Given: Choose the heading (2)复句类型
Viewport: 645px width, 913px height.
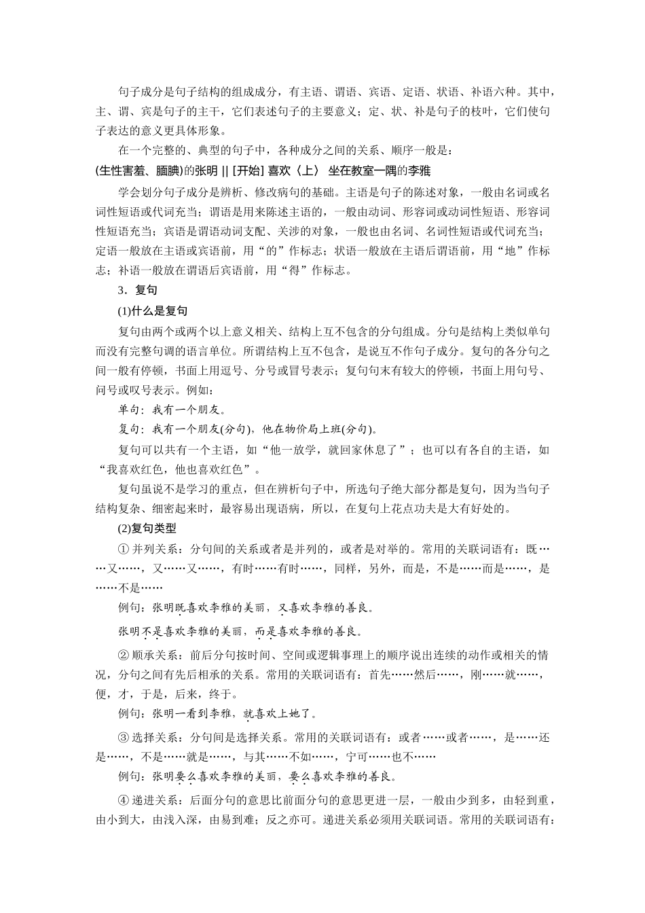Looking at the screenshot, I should coord(147,528).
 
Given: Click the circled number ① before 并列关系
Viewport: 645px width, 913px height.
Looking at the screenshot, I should coord(123,548).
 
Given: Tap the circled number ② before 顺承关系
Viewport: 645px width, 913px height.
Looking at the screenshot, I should coord(123,656).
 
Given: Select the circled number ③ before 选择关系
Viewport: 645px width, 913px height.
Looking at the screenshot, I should coord(123,737).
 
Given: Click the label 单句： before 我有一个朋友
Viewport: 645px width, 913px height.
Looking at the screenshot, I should coord(132,410).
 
